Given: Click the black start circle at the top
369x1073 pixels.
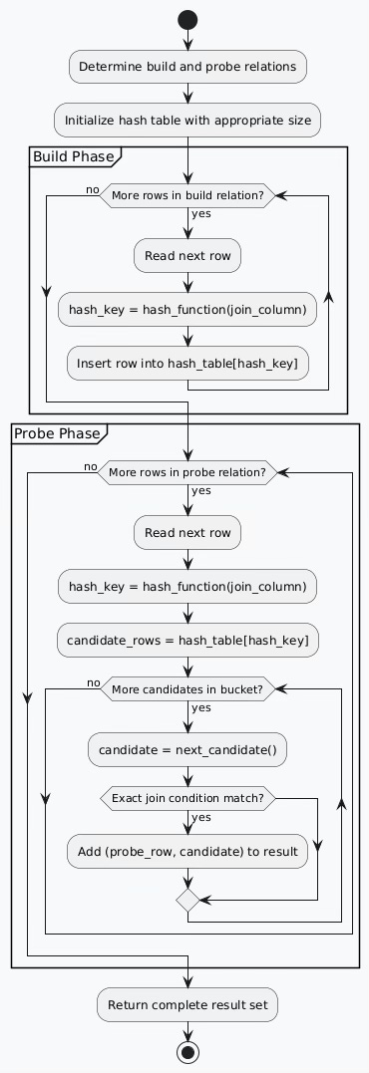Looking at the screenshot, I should (x=187, y=19).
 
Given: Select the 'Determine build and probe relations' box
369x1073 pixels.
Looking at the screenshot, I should (x=187, y=67).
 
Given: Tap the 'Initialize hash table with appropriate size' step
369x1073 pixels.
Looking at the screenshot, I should (x=187, y=120).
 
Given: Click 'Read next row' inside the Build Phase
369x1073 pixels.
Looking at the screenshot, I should (x=187, y=256).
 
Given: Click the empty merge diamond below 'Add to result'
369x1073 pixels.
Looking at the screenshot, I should (x=187, y=901).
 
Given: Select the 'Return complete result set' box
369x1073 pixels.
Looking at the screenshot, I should (x=187, y=1004).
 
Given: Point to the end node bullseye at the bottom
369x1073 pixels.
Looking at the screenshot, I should (x=187, y=1052).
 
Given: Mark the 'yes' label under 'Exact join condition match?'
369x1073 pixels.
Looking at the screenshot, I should (x=202, y=818).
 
